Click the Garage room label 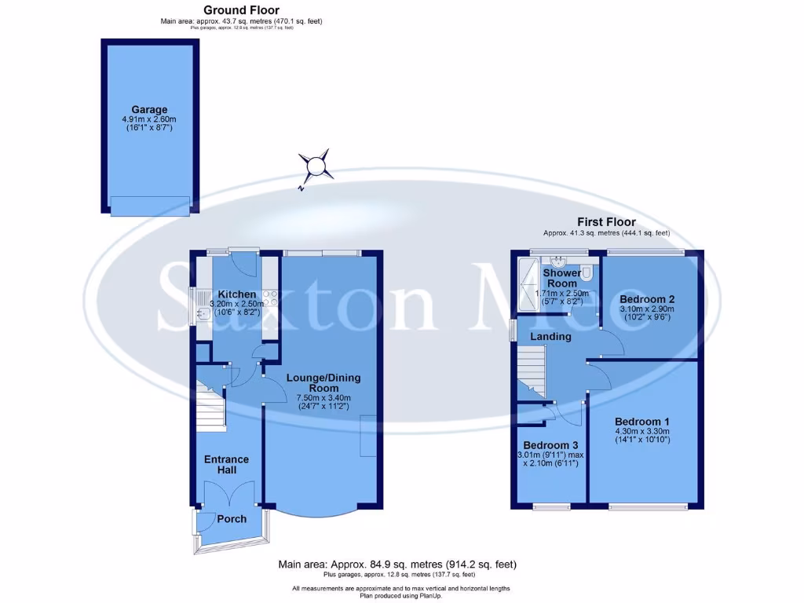click(x=149, y=110)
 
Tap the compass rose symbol click(x=315, y=166)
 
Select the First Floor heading click(x=606, y=222)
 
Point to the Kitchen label click(x=237, y=294)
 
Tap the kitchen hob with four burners click(x=271, y=298)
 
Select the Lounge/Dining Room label click(x=323, y=382)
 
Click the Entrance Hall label click(x=226, y=464)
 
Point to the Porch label click(x=232, y=518)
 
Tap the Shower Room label click(x=562, y=278)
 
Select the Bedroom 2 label click(x=647, y=299)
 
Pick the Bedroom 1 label click(x=642, y=421)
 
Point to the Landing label click(x=550, y=337)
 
